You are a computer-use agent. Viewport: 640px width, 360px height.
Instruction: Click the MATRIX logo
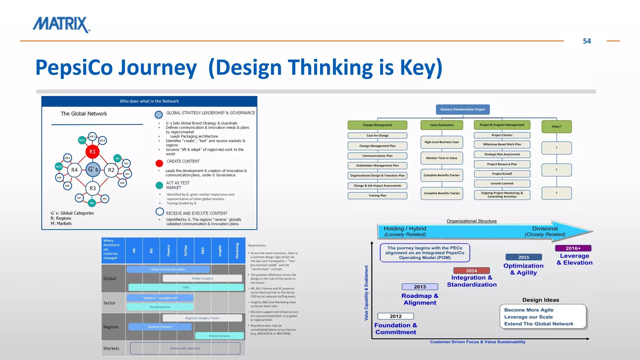[x=61, y=25]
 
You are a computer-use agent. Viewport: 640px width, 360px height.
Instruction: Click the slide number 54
[x=587, y=41]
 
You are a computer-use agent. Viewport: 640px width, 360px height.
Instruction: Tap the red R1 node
[x=92, y=152]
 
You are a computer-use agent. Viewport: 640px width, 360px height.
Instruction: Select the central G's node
[x=93, y=170]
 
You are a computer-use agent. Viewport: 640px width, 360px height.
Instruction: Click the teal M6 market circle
[x=92, y=203]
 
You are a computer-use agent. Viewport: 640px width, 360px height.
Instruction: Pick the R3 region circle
[x=92, y=188]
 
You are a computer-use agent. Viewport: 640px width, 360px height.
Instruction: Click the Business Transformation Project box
[x=462, y=109]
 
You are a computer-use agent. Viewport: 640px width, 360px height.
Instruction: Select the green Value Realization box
[x=442, y=125]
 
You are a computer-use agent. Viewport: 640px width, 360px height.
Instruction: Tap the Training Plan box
[x=377, y=196]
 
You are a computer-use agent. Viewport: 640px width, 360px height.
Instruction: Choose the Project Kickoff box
[x=502, y=174]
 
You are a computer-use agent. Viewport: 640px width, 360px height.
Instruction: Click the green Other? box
[x=556, y=127]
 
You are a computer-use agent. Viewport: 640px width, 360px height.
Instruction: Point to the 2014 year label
[x=471, y=271]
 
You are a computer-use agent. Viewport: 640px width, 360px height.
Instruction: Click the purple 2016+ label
[x=573, y=248]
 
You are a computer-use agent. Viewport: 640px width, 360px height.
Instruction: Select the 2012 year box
[x=395, y=316]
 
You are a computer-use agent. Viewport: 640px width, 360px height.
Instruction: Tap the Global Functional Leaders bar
[x=168, y=269]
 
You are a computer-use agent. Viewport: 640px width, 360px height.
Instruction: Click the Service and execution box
[x=185, y=348]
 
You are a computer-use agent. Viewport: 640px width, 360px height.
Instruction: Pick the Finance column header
[x=168, y=251]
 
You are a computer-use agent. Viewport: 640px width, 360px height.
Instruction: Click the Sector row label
[x=109, y=303]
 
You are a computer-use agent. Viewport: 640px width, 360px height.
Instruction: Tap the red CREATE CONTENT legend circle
[x=159, y=163]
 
